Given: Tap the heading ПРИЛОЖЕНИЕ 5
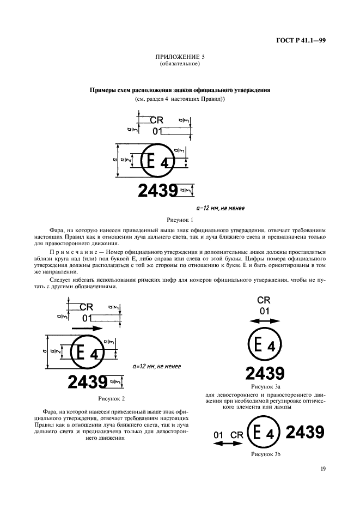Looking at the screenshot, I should click(180, 57).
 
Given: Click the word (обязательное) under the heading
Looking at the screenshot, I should click(180, 64).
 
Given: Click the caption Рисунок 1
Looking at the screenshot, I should click(180, 220).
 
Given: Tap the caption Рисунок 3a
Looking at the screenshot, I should click(264, 386).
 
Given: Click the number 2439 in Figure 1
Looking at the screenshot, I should click(158, 191).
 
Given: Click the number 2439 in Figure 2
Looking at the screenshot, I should click(87, 382).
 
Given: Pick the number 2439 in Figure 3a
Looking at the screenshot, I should click(264, 373).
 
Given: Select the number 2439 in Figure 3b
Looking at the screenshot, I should click(305, 433).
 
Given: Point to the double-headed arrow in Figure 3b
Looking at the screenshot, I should click(226, 445).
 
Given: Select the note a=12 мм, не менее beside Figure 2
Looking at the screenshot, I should click(157, 366).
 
